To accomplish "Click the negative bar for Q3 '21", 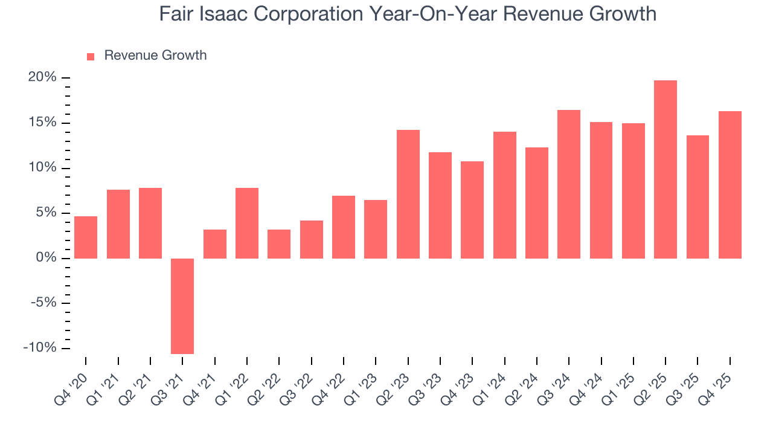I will [x=182, y=306].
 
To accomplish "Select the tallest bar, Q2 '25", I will [x=666, y=169].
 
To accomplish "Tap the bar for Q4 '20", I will [x=86, y=237].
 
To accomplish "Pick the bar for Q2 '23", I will [x=408, y=194].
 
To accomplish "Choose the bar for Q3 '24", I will [x=569, y=184].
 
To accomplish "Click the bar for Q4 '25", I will [x=730, y=185].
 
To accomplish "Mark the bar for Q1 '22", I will [x=247, y=223].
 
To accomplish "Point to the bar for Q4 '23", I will [x=472, y=210].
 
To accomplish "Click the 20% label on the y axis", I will [x=42, y=77].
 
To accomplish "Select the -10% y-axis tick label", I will [x=40, y=348].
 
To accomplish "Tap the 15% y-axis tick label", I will [x=42, y=123].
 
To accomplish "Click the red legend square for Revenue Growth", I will [x=91, y=56].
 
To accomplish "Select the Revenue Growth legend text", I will [x=155, y=56].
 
